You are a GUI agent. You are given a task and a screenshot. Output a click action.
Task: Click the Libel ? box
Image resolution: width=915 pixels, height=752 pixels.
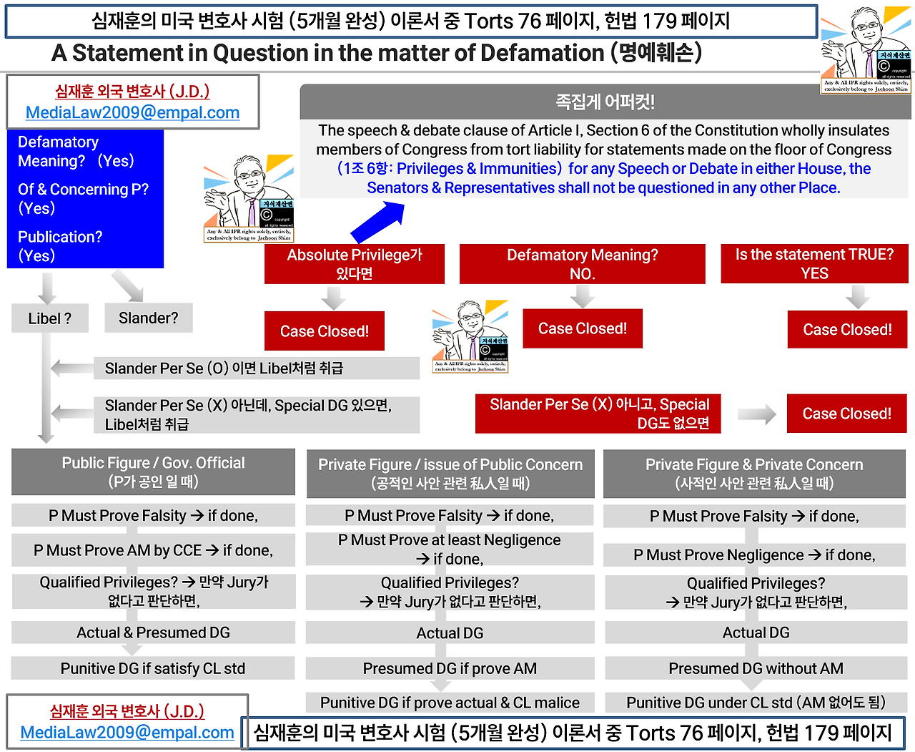(x=50, y=318)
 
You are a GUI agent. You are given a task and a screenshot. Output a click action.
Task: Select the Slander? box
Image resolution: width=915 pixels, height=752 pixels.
(x=149, y=318)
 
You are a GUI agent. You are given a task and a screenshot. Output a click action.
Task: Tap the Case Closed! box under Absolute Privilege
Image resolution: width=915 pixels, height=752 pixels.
(x=325, y=331)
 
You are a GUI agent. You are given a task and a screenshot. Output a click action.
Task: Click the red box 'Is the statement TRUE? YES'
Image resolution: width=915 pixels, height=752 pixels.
(x=814, y=264)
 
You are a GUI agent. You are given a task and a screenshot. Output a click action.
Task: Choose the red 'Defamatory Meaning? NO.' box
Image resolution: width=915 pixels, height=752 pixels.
(x=582, y=264)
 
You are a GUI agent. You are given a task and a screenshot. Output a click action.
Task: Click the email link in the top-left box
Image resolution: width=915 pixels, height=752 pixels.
(x=132, y=112)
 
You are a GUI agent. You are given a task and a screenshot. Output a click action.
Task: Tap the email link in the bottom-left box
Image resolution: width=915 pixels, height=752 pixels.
(x=127, y=732)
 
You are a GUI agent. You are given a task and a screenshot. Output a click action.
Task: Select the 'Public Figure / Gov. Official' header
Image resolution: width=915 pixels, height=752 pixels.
(x=153, y=472)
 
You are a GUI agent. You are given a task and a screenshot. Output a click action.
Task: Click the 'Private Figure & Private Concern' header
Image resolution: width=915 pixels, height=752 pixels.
(x=754, y=473)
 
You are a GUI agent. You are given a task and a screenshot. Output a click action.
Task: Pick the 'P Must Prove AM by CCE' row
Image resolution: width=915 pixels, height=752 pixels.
(x=153, y=550)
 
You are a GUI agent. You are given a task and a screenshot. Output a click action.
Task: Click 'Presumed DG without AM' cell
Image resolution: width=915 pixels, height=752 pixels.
(x=756, y=668)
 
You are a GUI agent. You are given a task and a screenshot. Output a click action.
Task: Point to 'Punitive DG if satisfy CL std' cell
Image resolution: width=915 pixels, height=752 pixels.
(x=153, y=668)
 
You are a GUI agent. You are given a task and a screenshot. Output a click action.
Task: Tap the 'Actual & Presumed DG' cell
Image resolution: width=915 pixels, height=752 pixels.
(x=153, y=633)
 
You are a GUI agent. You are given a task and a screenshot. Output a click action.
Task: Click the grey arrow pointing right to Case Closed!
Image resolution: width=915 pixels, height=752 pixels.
(x=757, y=414)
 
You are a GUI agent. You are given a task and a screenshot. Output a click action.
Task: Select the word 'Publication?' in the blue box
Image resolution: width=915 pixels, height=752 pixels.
(x=60, y=237)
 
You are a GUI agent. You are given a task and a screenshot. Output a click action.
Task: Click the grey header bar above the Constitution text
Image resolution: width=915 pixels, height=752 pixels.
(x=605, y=102)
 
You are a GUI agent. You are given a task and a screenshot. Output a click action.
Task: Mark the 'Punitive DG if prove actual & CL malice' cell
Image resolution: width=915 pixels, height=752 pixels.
(x=450, y=703)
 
